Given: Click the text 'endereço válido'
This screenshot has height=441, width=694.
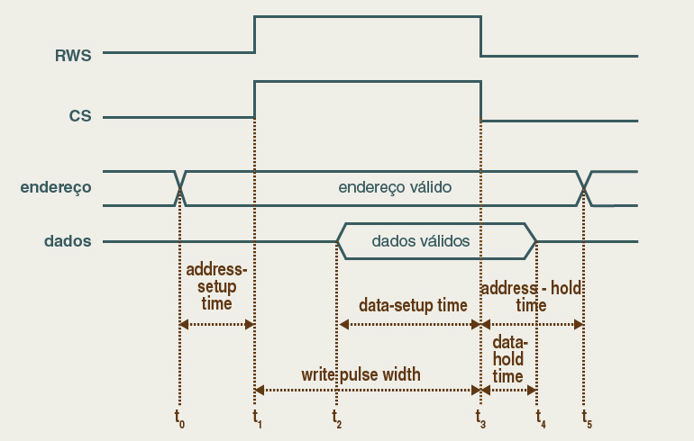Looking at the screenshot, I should click(395, 188).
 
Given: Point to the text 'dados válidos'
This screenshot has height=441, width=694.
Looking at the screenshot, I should click(421, 241).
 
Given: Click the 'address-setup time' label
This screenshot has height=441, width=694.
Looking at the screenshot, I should click(216, 287).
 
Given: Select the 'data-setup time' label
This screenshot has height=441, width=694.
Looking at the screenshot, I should click(413, 305).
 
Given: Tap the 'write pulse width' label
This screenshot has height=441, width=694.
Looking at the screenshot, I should click(361, 373).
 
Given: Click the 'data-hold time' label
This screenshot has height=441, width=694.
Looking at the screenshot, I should click(509, 359).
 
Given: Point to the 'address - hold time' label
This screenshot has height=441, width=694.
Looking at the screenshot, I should click(532, 296).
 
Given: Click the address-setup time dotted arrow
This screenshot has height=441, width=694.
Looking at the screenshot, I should click(217, 324).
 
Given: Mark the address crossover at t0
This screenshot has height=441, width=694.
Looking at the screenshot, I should click(181, 188).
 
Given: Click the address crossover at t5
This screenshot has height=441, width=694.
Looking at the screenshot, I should click(584, 188).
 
